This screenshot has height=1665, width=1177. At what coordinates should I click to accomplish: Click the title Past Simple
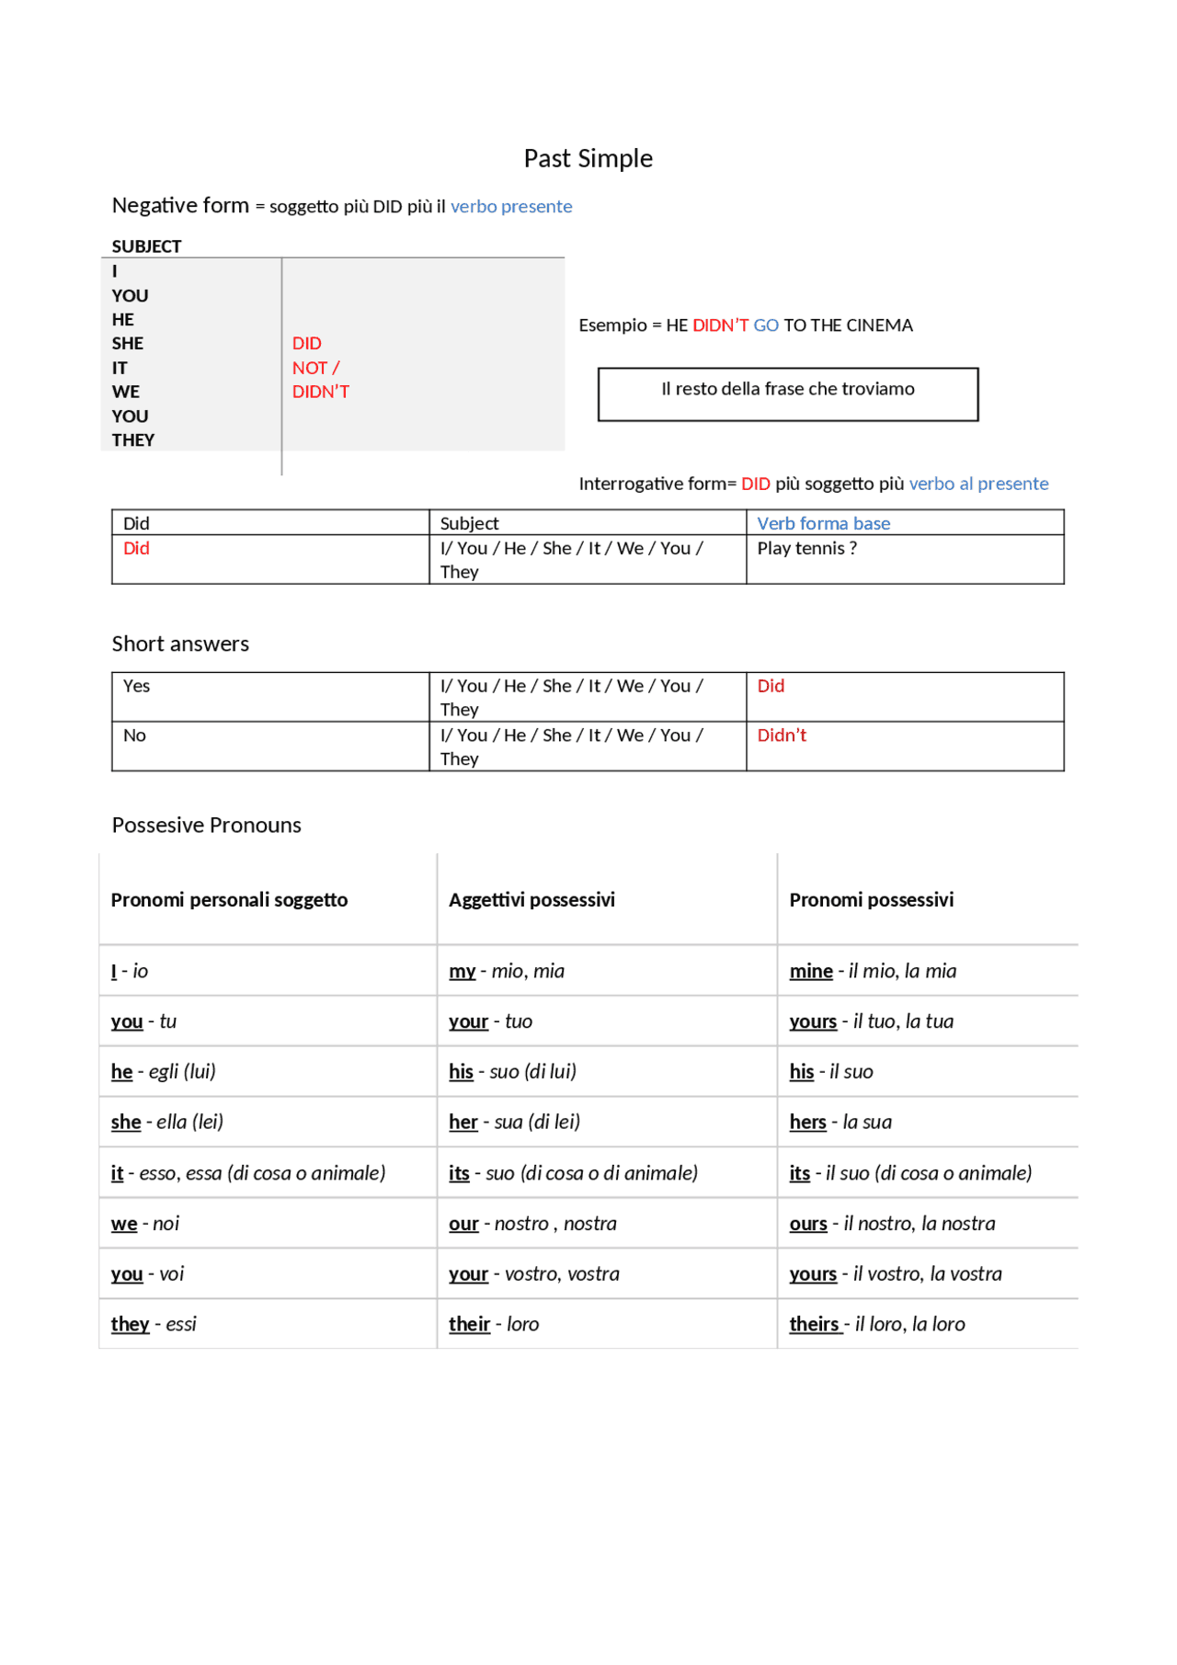(x=588, y=159)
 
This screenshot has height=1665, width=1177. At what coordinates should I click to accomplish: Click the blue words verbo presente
(x=511, y=207)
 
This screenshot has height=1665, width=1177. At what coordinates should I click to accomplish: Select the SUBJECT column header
(x=146, y=246)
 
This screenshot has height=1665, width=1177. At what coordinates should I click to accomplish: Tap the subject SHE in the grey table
(x=128, y=344)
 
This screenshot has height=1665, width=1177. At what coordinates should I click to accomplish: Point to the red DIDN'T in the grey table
(x=321, y=392)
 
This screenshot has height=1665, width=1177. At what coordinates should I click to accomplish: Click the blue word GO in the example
(x=766, y=325)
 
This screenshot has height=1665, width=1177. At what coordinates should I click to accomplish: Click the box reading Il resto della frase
(x=788, y=393)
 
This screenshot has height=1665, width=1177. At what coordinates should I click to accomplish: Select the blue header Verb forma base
(x=823, y=523)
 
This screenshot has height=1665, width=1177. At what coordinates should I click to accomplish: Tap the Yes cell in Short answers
(x=137, y=687)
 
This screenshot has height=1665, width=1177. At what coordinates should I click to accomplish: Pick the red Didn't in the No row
(x=782, y=736)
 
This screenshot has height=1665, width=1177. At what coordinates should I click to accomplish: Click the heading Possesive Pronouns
(x=207, y=825)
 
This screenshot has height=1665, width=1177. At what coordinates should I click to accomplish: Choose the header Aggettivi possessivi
(x=531, y=900)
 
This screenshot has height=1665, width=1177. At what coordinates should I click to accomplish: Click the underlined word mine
(x=811, y=972)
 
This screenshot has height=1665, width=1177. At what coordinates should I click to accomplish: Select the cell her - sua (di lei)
(x=514, y=1123)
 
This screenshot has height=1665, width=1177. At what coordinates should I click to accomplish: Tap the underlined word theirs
(x=814, y=1325)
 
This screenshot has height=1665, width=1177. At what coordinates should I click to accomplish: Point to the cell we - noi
(x=145, y=1224)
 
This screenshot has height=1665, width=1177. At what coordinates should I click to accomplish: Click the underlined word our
(x=463, y=1224)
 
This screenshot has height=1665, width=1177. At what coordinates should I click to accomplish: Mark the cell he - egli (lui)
(x=164, y=1072)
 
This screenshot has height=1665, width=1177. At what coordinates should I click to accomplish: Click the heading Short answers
(x=180, y=644)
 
